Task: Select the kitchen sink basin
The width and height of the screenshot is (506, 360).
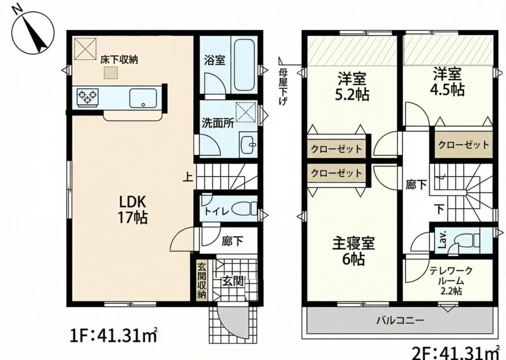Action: pyautogui.click(x=143, y=98)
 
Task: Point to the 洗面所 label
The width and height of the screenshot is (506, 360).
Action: pyautogui.click(x=218, y=124)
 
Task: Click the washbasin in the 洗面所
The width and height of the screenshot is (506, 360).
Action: pyautogui.click(x=248, y=145)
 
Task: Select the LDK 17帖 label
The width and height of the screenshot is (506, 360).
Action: pyautogui.click(x=133, y=210)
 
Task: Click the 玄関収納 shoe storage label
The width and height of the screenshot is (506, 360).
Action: pyautogui.click(x=202, y=281)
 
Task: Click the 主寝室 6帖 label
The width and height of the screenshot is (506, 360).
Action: pyautogui.click(x=353, y=251)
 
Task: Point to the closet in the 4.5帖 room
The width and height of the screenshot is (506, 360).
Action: pyautogui.click(x=463, y=145)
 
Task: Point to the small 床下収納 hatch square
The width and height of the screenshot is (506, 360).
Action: pyautogui.click(x=111, y=72)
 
